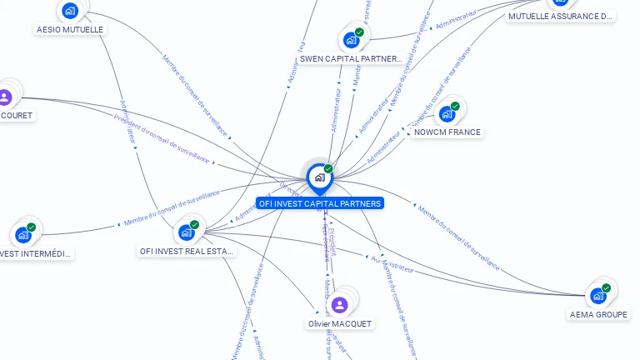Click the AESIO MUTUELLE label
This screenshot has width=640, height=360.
click(x=70, y=29)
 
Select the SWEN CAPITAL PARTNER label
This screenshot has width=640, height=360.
click(x=350, y=59)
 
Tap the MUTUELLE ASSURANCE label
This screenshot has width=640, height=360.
click(x=560, y=16)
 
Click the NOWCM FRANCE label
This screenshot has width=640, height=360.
click(x=447, y=132)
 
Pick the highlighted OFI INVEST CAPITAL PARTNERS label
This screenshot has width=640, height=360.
click(x=320, y=203)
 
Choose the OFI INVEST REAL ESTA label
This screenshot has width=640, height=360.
click(x=187, y=251)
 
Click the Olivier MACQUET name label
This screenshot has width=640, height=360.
click(x=339, y=323)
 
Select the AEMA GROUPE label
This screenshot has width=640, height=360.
click(x=598, y=314)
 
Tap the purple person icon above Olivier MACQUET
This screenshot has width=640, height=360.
click(x=339, y=304)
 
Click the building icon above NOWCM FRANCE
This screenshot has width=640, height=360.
click(x=447, y=113)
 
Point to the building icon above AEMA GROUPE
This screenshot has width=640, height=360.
click(x=597, y=296)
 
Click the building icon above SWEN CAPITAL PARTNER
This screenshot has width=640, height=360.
click(x=351, y=40)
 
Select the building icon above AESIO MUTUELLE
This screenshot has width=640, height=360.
click(x=69, y=11)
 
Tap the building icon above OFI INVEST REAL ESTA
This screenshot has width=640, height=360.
click(x=186, y=232)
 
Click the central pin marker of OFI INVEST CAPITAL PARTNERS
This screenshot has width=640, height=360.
click(x=319, y=177)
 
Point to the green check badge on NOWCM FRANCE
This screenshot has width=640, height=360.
click(x=455, y=106)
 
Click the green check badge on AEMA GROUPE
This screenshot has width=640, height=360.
click(x=606, y=288)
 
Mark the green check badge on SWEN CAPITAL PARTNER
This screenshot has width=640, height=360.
click(x=359, y=32)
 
